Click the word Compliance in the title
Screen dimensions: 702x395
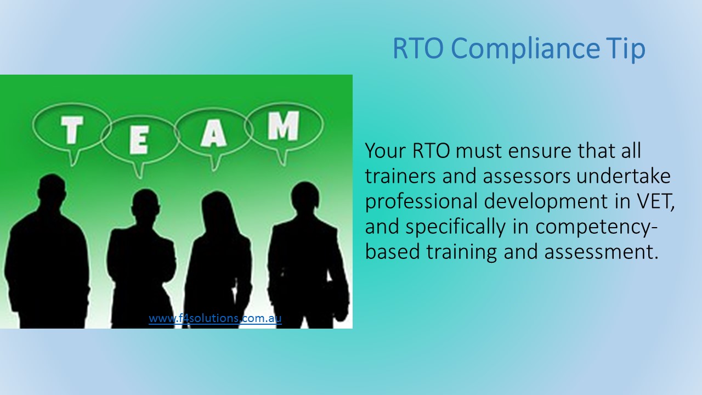(x=525, y=49)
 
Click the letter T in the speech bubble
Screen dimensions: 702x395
(x=72, y=130)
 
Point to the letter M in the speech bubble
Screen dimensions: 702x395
(x=284, y=126)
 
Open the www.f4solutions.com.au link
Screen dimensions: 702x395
(x=215, y=318)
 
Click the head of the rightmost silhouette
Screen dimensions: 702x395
(x=305, y=196)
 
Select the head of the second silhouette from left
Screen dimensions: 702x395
(x=145, y=204)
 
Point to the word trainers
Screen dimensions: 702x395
(x=400, y=176)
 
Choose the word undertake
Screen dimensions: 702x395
(x=624, y=176)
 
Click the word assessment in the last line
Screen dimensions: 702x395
(x=601, y=252)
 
